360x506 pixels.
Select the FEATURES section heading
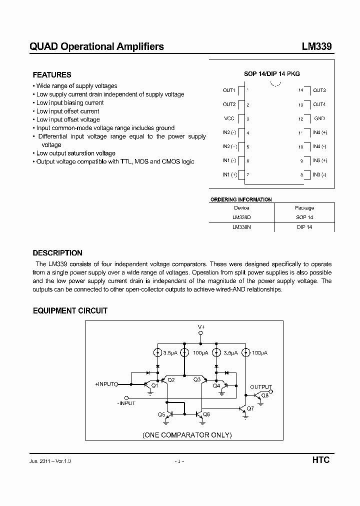(52, 75)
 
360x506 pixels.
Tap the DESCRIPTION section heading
(57, 253)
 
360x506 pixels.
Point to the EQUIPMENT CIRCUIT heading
(70, 310)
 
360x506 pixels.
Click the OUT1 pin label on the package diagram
(229, 90)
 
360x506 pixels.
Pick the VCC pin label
(229, 119)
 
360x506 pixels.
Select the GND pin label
(319, 119)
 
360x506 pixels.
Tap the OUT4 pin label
(319, 104)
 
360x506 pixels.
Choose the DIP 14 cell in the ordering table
(304, 227)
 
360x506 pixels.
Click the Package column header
(304, 208)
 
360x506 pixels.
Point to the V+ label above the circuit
(201, 326)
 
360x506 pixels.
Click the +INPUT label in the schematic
(104, 384)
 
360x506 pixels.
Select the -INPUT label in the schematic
(126, 403)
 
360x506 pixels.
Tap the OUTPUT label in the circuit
(261, 387)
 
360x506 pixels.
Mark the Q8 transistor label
(264, 395)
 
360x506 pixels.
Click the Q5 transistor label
(161, 415)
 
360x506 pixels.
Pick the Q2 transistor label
(171, 380)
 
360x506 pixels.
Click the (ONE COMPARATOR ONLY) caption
(187, 435)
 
